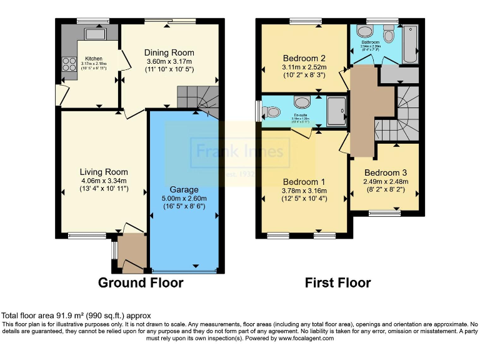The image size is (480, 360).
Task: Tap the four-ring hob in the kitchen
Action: click(x=66, y=62)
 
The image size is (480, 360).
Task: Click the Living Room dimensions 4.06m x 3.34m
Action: click(x=104, y=181)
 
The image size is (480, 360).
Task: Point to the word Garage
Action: click(x=184, y=189)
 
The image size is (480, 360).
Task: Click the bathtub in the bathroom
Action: click(x=411, y=44)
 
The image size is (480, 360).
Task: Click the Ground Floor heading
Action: click(x=141, y=283)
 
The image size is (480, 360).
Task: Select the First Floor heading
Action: click(x=337, y=283)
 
